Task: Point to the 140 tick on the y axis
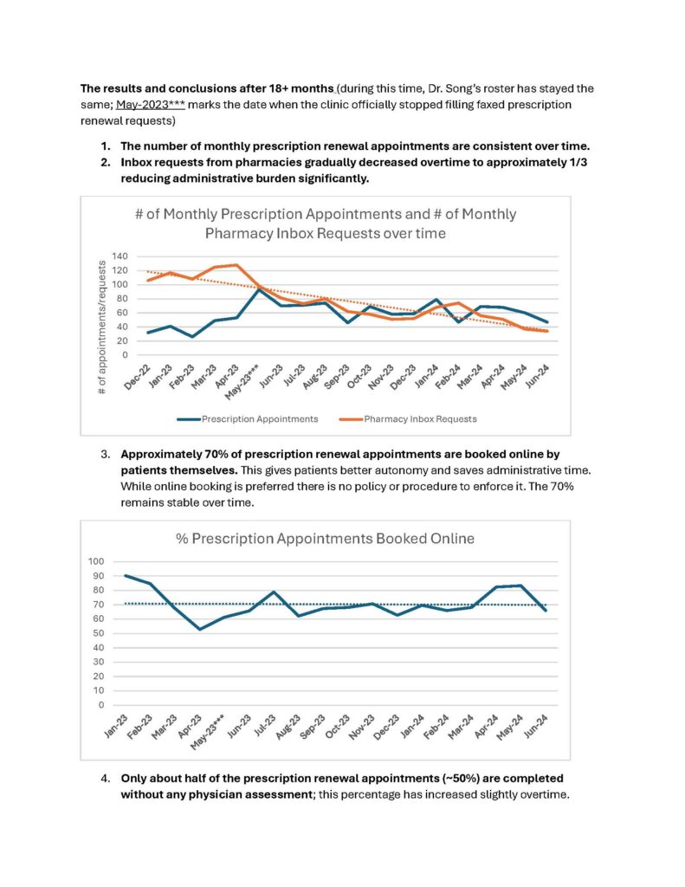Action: click(119, 256)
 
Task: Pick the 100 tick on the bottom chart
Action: click(95, 561)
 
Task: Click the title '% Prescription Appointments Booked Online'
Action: click(325, 538)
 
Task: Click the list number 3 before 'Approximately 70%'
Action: click(106, 454)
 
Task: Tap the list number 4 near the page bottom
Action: click(106, 778)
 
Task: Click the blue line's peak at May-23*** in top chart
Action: click(256, 289)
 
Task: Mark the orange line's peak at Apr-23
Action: click(236, 265)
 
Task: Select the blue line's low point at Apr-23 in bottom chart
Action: click(200, 629)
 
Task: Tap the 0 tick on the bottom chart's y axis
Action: click(100, 704)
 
